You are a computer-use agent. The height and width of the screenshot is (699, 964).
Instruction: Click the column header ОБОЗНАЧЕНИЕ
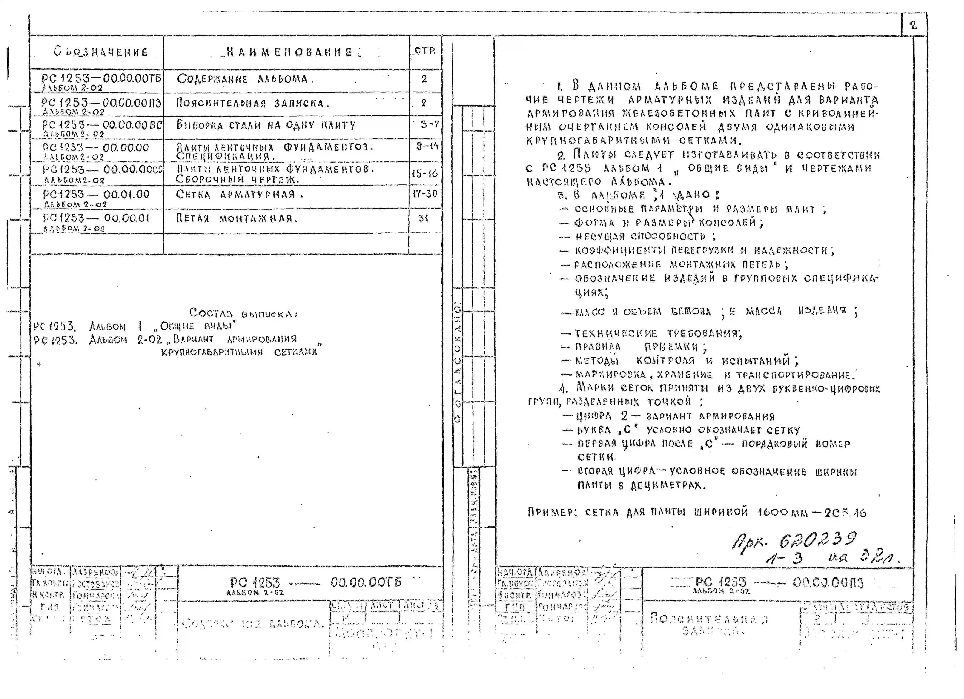(x=101, y=52)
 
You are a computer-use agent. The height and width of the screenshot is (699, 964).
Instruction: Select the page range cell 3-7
(x=429, y=125)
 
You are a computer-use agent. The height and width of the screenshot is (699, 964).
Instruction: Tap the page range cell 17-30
(x=425, y=194)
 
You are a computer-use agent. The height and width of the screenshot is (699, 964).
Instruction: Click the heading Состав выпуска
(x=244, y=313)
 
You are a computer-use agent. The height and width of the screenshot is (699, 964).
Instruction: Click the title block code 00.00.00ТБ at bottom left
(x=366, y=582)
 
